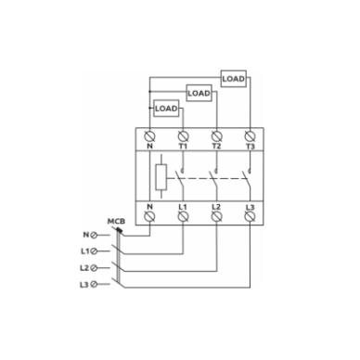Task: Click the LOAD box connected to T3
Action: point(234,79)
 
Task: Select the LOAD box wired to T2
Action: point(199,93)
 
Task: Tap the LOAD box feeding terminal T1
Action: point(166,109)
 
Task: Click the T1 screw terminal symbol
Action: point(183,136)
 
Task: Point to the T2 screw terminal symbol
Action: point(216,136)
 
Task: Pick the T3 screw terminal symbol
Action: point(250,136)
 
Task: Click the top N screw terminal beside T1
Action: point(150,136)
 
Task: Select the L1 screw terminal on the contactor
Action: point(183,216)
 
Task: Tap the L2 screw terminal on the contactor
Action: point(216,216)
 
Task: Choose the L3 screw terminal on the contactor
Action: point(250,216)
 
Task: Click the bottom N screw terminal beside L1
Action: point(150,216)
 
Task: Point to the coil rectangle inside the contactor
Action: point(161,177)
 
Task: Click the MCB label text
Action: point(116,222)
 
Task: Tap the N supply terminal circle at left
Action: point(94,235)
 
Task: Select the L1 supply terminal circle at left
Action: point(94,251)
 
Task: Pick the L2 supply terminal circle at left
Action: point(94,268)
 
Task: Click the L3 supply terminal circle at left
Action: point(94,284)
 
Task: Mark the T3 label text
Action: point(251,147)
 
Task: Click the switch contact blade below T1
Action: point(179,179)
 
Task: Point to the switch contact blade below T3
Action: point(246,179)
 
